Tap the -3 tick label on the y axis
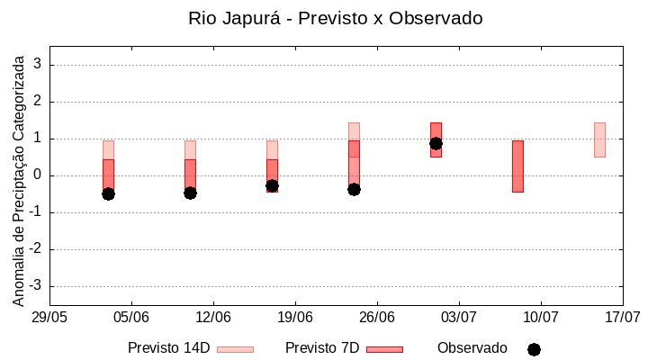click(36, 286)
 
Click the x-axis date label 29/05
click(49, 318)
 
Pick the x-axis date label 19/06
click(295, 318)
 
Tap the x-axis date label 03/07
click(459, 318)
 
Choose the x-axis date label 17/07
click(622, 318)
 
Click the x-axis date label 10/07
click(540, 318)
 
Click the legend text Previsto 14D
click(168, 348)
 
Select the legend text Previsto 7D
click(322, 348)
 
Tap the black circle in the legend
click(534, 349)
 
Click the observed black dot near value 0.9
click(436, 143)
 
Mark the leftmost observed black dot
click(108, 193)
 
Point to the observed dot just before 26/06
click(354, 189)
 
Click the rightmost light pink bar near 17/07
click(599, 139)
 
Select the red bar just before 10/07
click(517, 166)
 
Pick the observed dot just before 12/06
click(190, 193)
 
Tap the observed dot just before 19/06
click(272, 185)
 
